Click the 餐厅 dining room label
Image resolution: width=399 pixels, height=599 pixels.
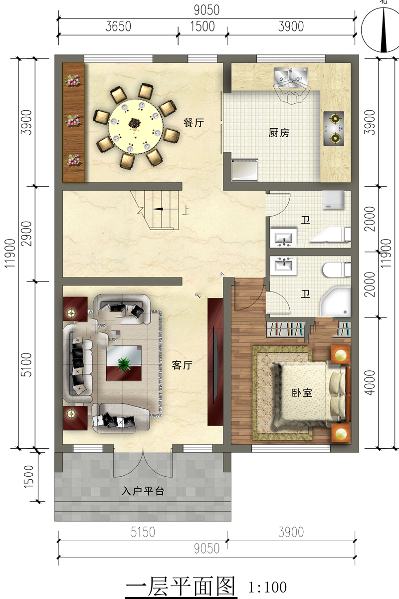pos(194,123)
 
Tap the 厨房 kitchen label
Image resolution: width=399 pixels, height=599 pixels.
pos(279,133)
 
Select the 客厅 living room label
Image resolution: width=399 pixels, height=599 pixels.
pos(182,365)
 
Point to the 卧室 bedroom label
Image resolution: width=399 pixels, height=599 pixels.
pos(302,393)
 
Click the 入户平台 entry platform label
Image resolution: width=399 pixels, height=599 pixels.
pos(143,491)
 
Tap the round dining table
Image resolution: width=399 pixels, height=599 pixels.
pos(136,126)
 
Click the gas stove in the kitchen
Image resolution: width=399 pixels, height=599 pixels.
pos(334,129)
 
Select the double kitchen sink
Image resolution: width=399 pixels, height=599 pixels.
pos(291,77)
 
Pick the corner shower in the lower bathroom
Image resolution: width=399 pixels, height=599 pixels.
pos(335,301)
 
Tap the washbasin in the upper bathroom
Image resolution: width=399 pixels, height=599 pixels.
pos(283,238)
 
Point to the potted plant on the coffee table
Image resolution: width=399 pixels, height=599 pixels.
pos(124,364)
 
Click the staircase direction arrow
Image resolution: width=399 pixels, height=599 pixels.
pos(158,209)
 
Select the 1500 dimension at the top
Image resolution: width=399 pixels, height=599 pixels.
pos(202,26)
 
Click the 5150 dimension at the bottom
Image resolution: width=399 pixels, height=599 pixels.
pos(143,532)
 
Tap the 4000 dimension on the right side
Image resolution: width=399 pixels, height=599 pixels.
pos(370,383)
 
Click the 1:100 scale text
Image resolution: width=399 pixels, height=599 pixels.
pos(267,588)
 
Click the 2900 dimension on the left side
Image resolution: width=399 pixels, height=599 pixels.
pos(26,234)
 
